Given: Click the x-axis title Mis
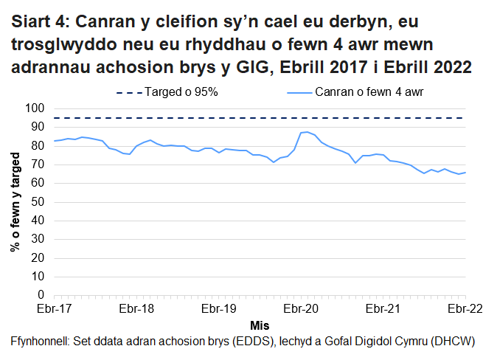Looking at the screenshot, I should tap(259, 325).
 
